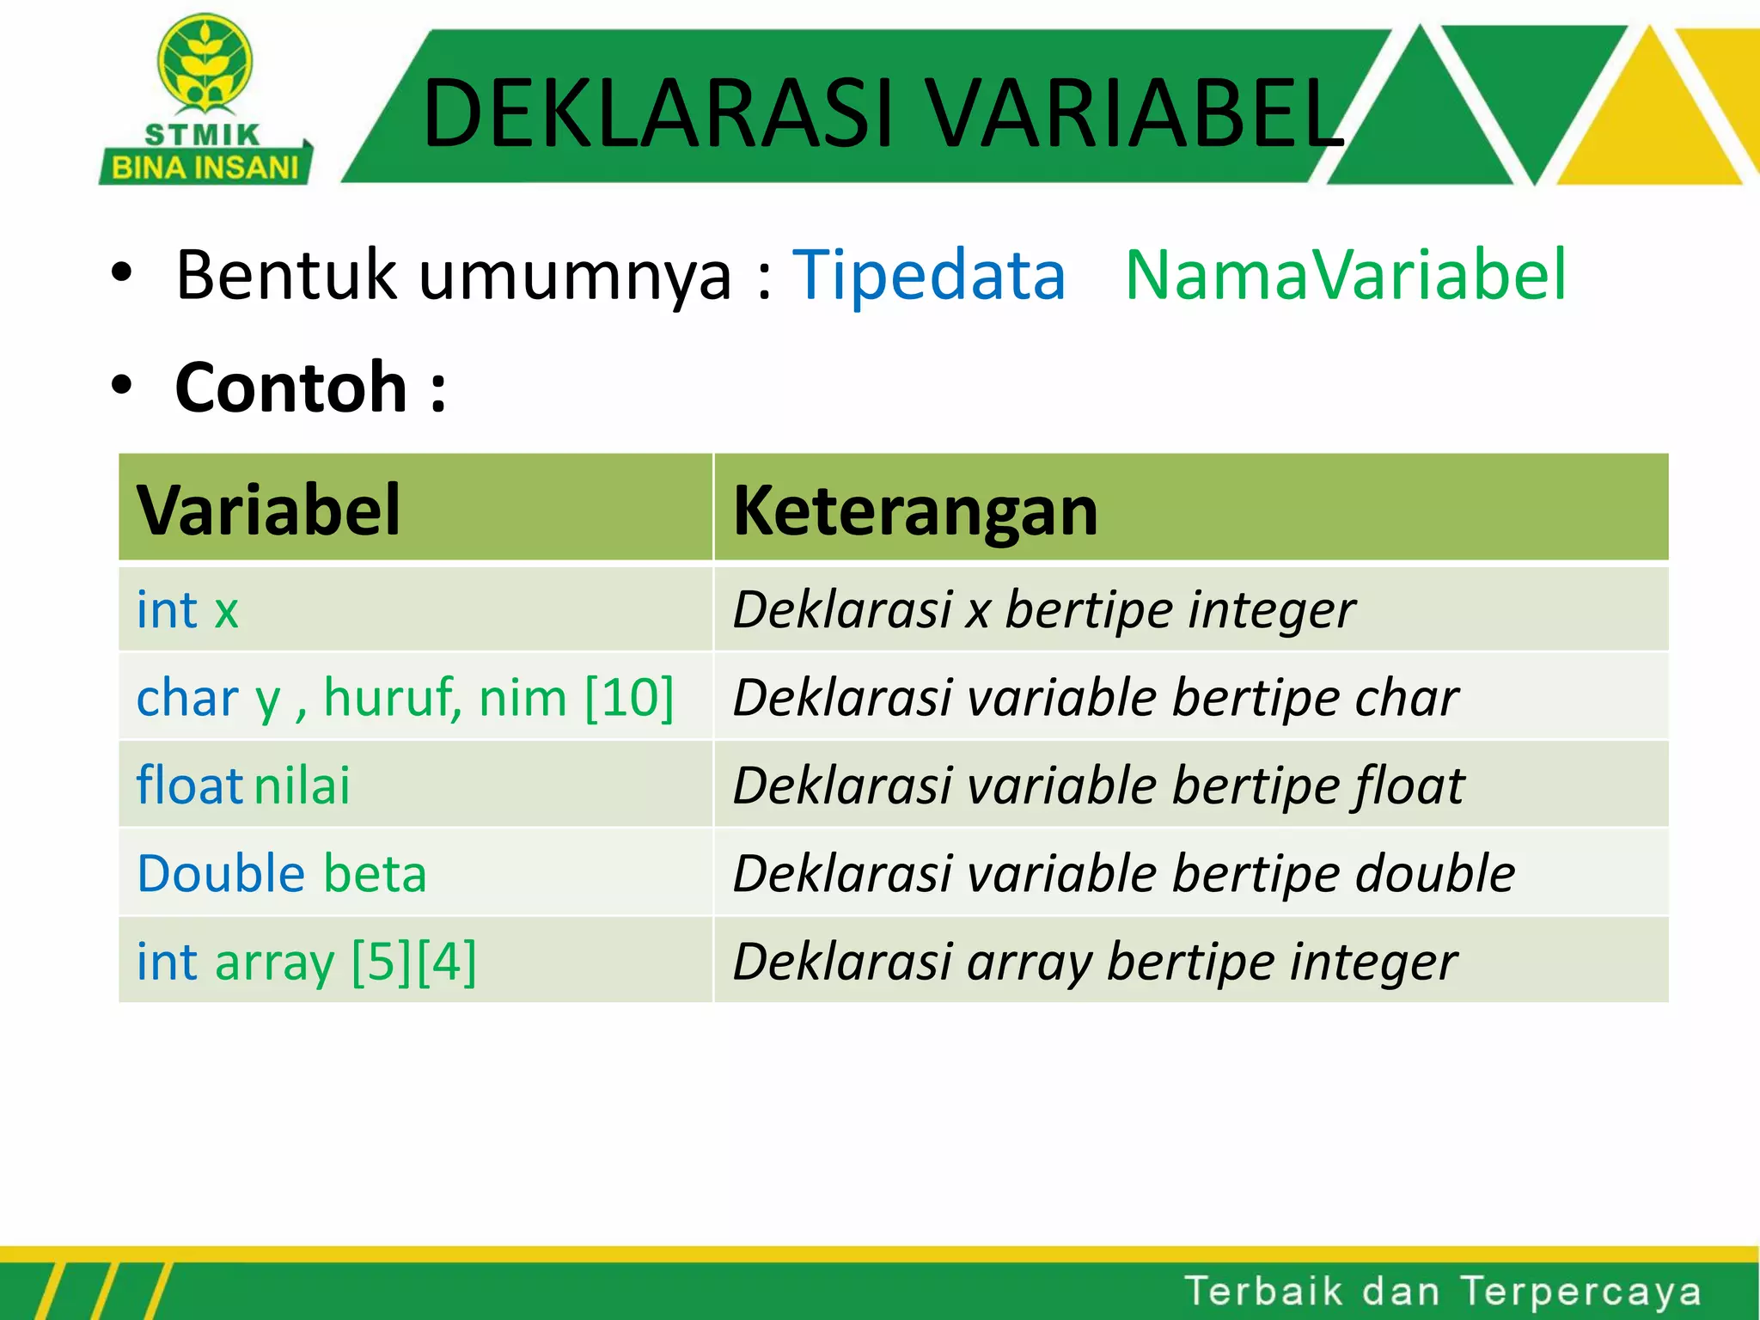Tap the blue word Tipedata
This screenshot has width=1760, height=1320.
928,275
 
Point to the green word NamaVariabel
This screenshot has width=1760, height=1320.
1346,275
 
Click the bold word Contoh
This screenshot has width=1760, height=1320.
291,388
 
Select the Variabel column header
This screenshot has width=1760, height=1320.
269,510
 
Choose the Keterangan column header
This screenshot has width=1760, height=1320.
915,510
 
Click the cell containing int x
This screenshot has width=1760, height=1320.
188,610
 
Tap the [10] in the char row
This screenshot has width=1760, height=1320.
629,697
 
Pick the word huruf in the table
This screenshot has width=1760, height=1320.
392,697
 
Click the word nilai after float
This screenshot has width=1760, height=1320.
302,785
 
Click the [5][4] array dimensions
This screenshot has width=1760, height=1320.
414,962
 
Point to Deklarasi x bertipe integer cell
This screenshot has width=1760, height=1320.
1043,610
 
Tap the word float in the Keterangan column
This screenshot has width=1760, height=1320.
1409,785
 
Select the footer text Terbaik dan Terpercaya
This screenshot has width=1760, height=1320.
1442,1292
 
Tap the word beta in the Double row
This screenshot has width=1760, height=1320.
375,874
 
